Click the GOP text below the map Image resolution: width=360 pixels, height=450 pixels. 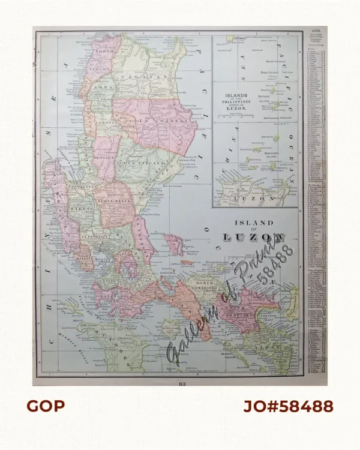pos(45,406)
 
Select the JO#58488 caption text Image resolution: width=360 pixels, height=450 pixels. pos(288,406)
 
